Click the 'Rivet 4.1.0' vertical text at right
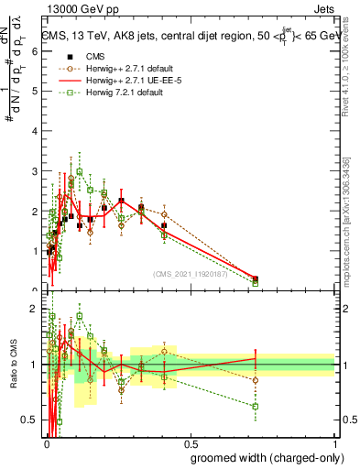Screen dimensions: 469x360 tap(346, 64)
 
